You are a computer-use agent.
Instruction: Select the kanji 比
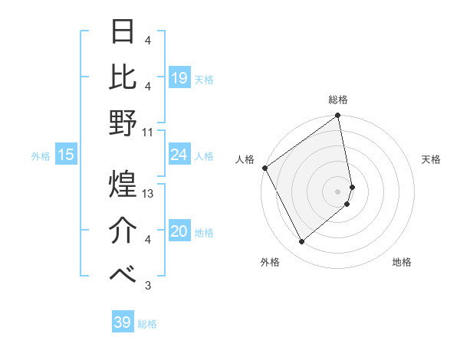pyautogui.click(x=123, y=77)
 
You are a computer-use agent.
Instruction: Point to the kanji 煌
pyautogui.click(x=123, y=185)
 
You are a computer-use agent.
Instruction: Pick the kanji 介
pyautogui.click(x=123, y=229)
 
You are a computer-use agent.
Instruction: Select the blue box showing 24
pyautogui.click(x=179, y=155)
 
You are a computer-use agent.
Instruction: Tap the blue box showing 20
pyautogui.click(x=179, y=231)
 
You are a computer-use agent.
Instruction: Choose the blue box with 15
pyautogui.click(x=66, y=155)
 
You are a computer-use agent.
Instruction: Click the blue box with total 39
pyautogui.click(x=123, y=322)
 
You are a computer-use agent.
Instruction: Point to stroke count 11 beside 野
pyautogui.click(x=148, y=132)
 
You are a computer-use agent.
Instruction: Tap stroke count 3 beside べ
pyautogui.click(x=148, y=286)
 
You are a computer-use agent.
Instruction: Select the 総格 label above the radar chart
pyautogui.click(x=338, y=100)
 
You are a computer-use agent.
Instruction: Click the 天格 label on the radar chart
pyautogui.click(x=431, y=159)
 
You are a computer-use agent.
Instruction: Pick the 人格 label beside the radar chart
pyautogui.click(x=245, y=159)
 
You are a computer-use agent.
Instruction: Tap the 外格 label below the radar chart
pyautogui.click(x=270, y=263)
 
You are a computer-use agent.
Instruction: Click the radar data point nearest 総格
pyautogui.click(x=338, y=116)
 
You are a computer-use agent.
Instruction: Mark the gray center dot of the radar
pyautogui.click(x=338, y=191)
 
